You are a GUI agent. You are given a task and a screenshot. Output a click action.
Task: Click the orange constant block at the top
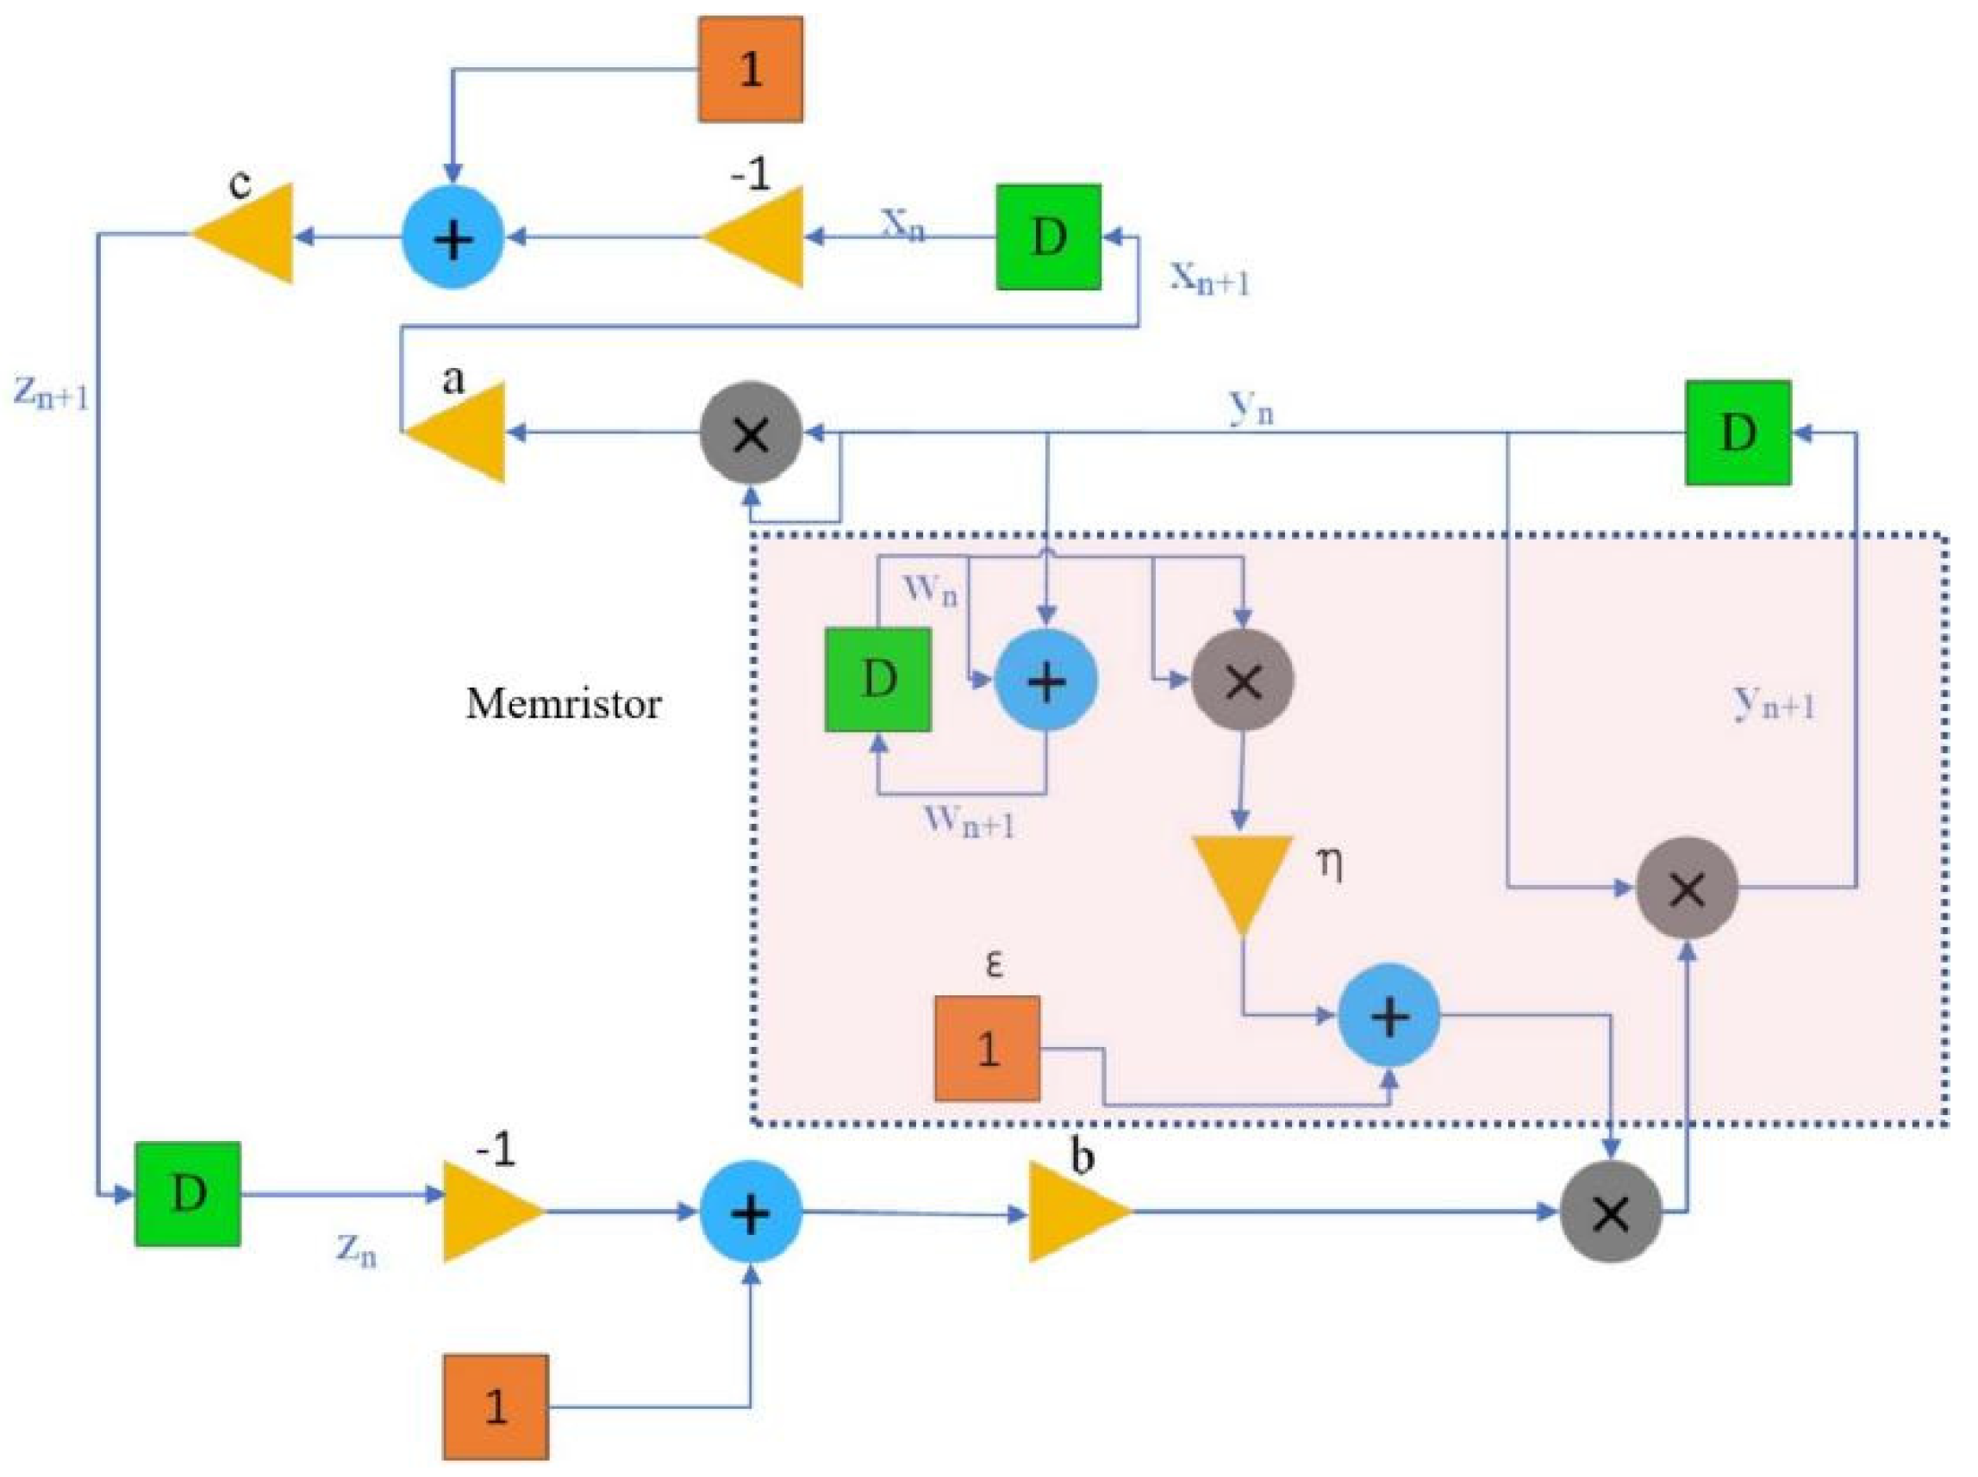pos(750,69)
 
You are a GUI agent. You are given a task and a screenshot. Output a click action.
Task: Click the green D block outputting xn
pos(1049,237)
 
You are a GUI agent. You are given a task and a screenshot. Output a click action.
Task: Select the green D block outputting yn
pos(1738,433)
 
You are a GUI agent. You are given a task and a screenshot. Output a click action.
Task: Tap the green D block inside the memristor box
pos(877,680)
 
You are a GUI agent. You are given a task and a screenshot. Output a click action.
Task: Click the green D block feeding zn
pos(188,1193)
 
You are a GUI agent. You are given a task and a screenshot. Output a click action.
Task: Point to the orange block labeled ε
pos(987,1048)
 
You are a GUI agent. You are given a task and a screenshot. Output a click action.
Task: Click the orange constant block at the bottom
pos(496,1407)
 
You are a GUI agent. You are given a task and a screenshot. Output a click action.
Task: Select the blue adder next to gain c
pos(453,238)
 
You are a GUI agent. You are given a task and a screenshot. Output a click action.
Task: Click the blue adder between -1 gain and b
pos(750,1212)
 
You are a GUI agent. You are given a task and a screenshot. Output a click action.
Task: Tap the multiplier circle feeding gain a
pos(750,433)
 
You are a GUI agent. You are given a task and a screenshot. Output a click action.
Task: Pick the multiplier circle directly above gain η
pos(1242,681)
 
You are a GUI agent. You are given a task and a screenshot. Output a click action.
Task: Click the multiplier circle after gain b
pos(1611,1212)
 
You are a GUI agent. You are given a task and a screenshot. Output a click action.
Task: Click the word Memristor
pos(564,704)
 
